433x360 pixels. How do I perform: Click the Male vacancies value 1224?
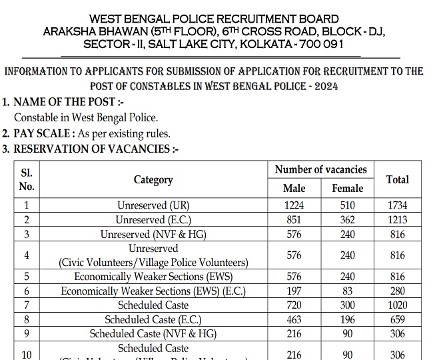[294, 205]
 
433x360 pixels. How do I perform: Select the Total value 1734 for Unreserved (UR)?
[397, 205]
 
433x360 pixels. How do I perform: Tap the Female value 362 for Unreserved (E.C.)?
[347, 219]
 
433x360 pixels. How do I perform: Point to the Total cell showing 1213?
[397, 219]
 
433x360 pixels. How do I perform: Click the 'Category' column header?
[153, 180]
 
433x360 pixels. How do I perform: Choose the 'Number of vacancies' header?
[320, 170]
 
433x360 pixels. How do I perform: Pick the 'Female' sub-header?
[347, 189]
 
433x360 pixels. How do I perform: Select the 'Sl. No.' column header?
[27, 180]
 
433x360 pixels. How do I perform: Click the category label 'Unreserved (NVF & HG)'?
[153, 234]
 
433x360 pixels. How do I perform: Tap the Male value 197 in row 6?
[294, 291]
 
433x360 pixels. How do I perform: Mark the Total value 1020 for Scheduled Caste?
[397, 305]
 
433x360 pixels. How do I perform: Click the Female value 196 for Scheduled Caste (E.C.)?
[347, 319]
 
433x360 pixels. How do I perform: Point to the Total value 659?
[397, 319]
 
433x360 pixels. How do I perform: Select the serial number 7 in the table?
[27, 305]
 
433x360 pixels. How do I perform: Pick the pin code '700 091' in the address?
[306, 44]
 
